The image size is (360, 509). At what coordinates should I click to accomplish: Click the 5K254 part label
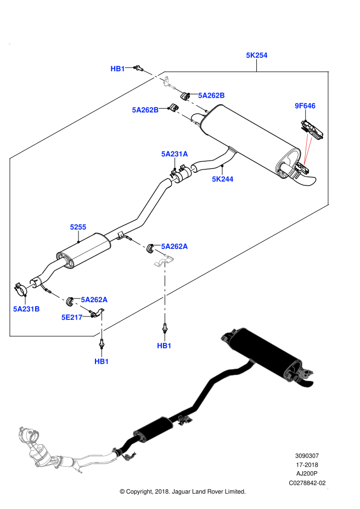[x=256, y=55]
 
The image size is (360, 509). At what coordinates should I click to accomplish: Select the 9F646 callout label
[x=305, y=106]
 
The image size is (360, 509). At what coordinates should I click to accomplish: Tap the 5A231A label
[x=174, y=154]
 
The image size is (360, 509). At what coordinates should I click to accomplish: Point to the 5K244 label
[x=222, y=179]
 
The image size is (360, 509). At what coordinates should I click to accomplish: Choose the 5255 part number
[x=78, y=227]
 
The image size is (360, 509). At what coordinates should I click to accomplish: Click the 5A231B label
[x=26, y=309]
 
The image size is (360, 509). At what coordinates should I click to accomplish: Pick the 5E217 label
[x=72, y=318]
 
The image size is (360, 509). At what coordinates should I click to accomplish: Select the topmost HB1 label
[x=117, y=69]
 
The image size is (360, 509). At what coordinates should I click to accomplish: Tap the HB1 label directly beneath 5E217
[x=102, y=361]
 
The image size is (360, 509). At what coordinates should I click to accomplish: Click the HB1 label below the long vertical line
[x=164, y=346]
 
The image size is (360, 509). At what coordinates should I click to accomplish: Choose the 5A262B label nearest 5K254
[x=211, y=95]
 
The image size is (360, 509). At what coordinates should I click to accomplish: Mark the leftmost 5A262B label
[x=145, y=110]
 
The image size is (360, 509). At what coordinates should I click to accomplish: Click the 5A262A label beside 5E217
[x=94, y=300]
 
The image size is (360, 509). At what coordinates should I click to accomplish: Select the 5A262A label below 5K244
[x=174, y=247]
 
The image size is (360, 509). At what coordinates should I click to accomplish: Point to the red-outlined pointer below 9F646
[x=307, y=149]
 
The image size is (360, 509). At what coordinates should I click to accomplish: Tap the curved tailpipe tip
[x=305, y=382]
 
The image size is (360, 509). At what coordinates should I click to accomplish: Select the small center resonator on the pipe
[x=154, y=427]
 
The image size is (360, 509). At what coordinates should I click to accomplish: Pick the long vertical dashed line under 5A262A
[x=165, y=293]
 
